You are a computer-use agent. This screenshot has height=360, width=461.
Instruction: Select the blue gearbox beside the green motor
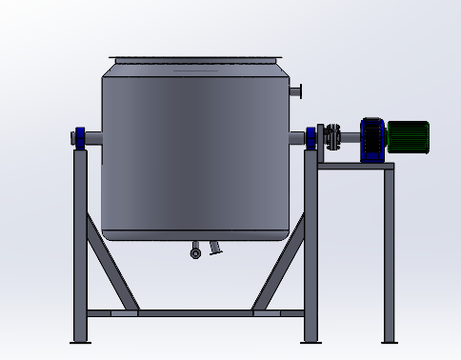(x=371, y=137)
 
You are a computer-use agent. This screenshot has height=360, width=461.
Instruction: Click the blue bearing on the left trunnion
(x=80, y=138)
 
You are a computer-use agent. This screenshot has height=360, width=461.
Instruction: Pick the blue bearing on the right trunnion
(x=311, y=137)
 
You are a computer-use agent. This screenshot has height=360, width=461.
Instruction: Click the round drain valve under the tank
(x=195, y=252)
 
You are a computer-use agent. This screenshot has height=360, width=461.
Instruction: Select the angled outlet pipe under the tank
(x=215, y=249)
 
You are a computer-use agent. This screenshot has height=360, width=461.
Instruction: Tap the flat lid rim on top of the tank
(x=197, y=59)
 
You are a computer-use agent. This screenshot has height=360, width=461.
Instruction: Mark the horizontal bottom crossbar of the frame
(x=195, y=311)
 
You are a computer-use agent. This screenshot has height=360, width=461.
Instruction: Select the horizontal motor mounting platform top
(x=354, y=166)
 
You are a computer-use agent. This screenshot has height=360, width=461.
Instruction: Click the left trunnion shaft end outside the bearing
(x=72, y=138)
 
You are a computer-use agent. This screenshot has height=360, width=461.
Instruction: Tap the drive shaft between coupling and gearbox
(x=350, y=137)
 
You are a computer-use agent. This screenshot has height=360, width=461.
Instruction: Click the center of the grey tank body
(x=195, y=148)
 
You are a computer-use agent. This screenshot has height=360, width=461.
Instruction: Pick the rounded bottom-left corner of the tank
(x=108, y=231)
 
